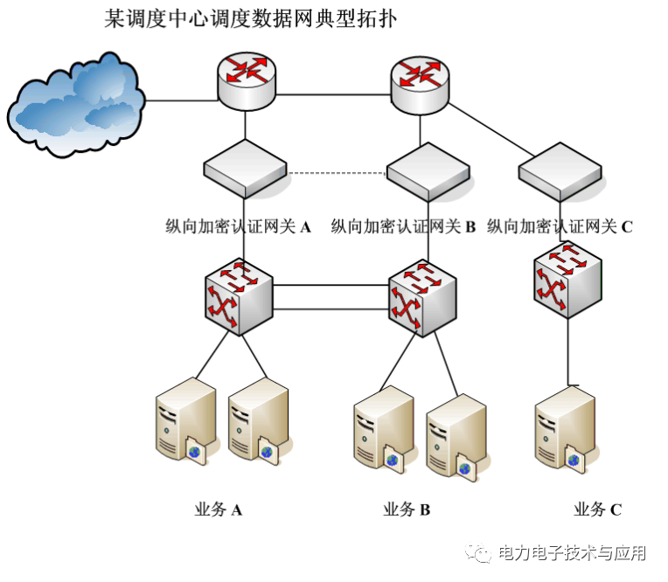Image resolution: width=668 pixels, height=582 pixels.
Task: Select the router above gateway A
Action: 246,80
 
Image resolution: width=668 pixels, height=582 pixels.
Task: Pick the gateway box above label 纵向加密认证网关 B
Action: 428,170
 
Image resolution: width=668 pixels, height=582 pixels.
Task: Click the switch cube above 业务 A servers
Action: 240,297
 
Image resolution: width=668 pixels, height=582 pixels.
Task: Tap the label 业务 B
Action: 407,510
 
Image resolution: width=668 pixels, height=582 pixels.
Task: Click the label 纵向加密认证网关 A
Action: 239,227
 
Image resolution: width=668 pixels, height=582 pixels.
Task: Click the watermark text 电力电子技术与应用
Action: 572,554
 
